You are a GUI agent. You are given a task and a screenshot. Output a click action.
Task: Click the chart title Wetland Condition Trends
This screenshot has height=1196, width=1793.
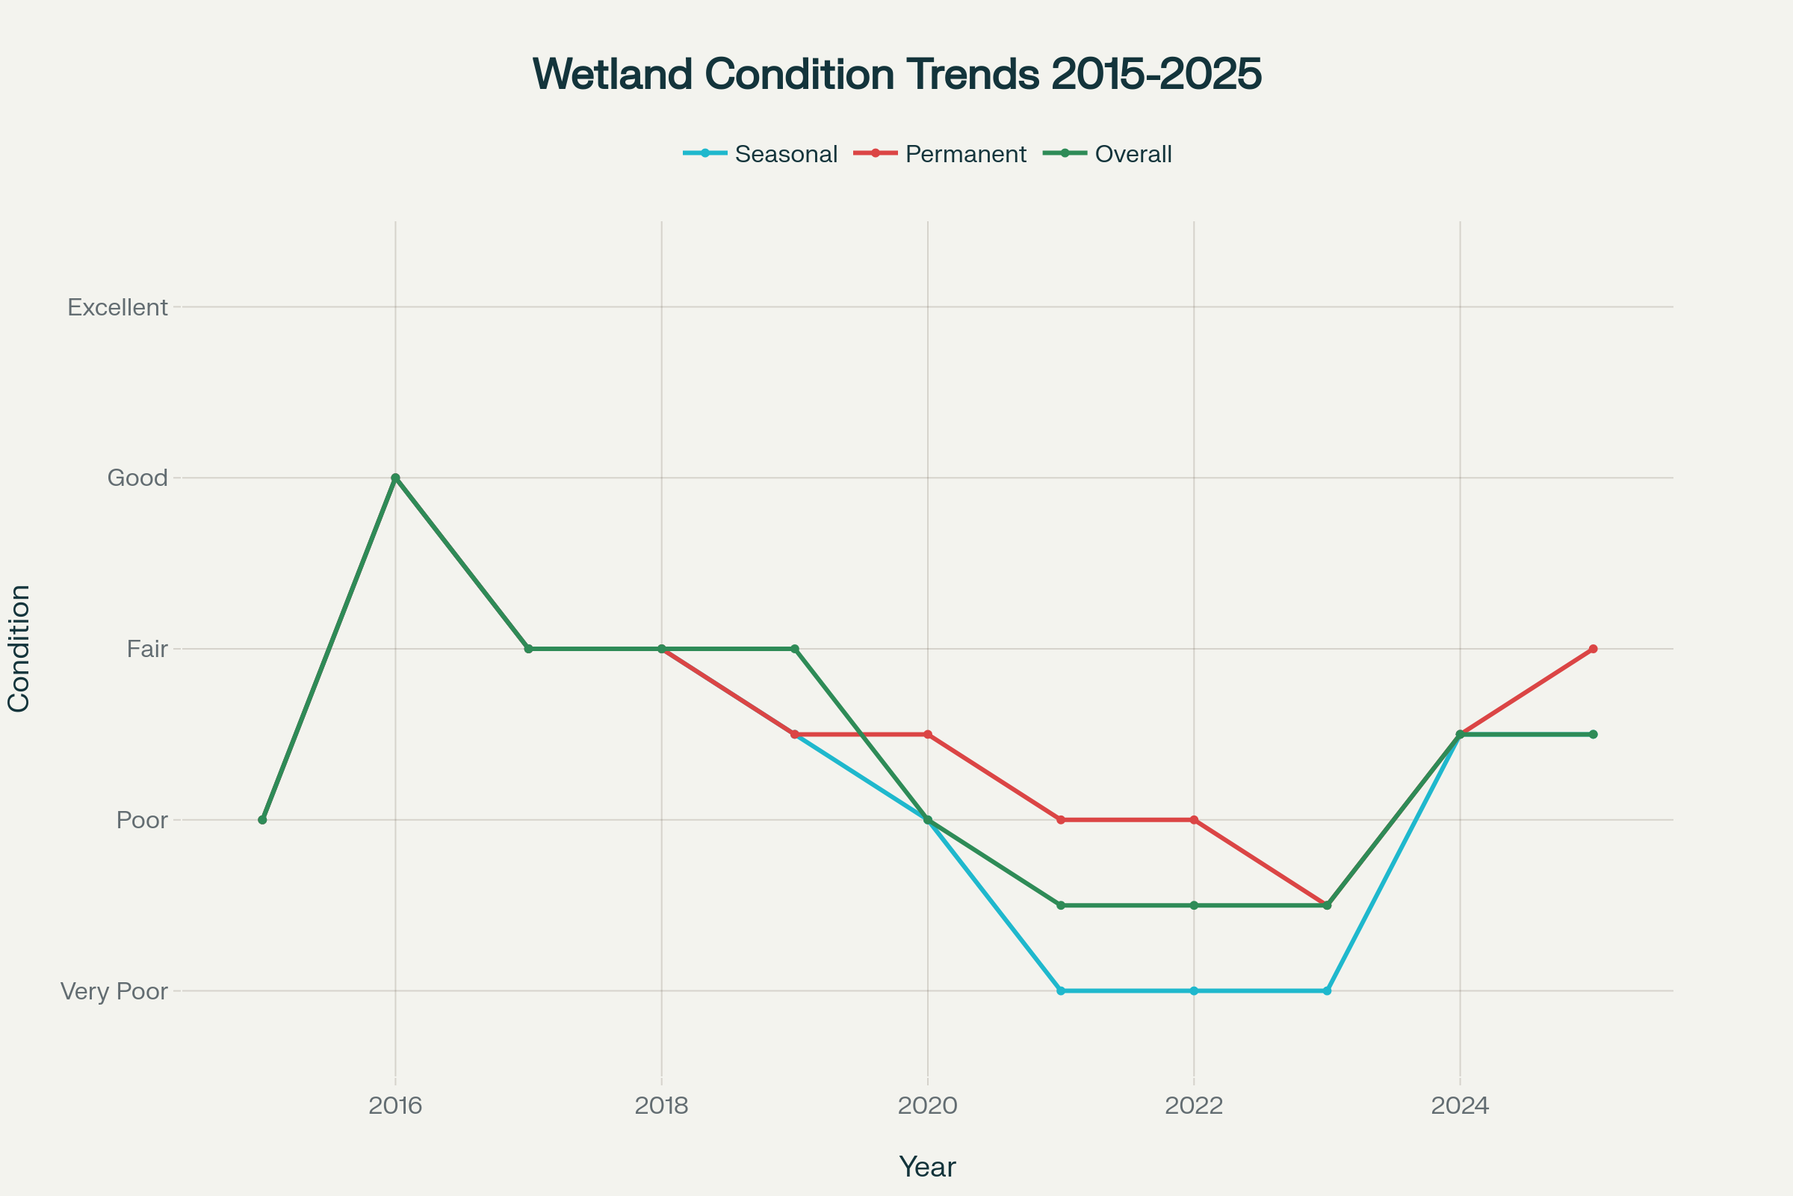(896, 75)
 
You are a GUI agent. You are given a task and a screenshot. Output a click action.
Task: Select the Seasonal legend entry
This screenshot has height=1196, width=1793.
(785, 154)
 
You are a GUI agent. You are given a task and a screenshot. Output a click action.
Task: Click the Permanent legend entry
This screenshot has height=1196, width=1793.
(965, 154)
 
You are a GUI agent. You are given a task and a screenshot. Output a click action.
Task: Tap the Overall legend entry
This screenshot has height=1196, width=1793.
(1133, 154)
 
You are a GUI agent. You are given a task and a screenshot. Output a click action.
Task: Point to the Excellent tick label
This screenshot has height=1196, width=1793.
(117, 307)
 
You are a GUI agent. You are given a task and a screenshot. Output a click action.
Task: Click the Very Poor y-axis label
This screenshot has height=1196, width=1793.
(114, 991)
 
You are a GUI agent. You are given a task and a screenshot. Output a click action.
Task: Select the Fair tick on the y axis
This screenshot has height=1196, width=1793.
(147, 649)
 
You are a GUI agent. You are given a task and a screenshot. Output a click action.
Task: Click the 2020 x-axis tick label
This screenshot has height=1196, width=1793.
(927, 1106)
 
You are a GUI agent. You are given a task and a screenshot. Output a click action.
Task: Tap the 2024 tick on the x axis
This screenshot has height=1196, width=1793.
(1460, 1106)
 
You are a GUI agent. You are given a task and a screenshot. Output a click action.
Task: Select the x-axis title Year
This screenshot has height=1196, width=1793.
(927, 1167)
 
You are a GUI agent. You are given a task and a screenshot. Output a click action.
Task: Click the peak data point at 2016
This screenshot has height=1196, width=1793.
(395, 478)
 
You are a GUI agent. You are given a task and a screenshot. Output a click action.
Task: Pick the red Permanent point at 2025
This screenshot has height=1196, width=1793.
(1593, 649)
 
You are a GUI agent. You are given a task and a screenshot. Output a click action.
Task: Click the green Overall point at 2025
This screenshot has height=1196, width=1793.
(1593, 735)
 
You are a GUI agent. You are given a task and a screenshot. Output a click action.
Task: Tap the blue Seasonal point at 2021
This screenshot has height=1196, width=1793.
(1060, 991)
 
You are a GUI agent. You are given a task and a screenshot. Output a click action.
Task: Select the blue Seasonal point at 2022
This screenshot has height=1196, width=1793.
(1194, 991)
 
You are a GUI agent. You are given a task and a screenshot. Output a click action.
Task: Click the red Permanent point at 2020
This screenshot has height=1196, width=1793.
(928, 735)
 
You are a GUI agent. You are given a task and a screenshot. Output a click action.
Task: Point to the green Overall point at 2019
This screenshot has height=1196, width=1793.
(794, 649)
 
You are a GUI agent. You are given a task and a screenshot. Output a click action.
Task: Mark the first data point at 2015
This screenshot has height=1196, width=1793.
(262, 820)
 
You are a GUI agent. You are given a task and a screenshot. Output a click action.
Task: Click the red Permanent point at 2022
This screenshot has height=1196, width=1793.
(1194, 820)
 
